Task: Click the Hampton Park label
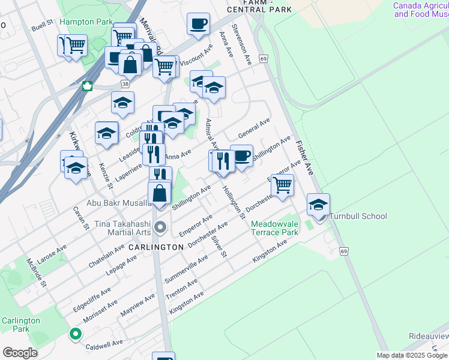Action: click(x=86, y=22)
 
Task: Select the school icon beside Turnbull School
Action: click(x=318, y=205)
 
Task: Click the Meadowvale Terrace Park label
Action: click(x=274, y=228)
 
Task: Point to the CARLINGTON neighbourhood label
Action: click(x=155, y=247)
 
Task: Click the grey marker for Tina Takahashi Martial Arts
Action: click(x=160, y=227)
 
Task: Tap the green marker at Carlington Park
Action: click(x=76, y=334)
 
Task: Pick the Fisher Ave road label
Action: click(x=304, y=158)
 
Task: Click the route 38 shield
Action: click(x=124, y=85)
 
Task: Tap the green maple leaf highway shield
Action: click(x=88, y=86)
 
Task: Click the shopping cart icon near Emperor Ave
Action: click(x=282, y=185)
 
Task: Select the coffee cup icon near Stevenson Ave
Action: click(x=197, y=25)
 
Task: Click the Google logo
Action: click(x=20, y=353)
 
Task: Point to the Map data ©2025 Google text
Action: click(x=412, y=355)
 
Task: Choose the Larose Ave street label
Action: click(x=53, y=250)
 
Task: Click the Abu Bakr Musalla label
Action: click(x=119, y=203)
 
